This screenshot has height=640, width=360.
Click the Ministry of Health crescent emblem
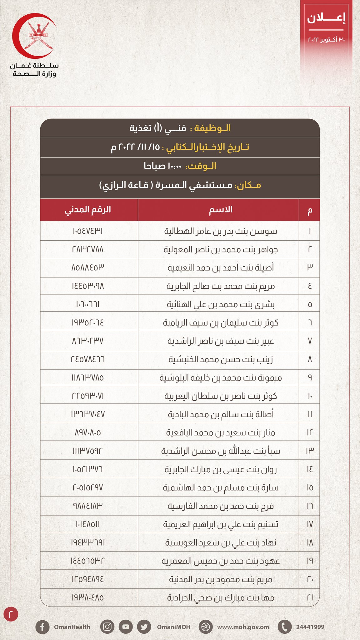[34, 36]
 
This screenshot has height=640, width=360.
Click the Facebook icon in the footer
[42, 627]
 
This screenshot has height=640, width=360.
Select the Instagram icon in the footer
[107, 627]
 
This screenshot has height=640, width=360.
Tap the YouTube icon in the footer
[125, 627]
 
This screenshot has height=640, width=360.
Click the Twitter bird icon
[144, 627]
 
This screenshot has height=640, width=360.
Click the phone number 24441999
[310, 627]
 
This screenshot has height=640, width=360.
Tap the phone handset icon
[284, 627]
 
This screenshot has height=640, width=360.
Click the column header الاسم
[220, 210]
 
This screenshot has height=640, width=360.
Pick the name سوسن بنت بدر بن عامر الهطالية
[221, 231]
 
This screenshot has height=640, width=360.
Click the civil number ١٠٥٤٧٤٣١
[88, 231]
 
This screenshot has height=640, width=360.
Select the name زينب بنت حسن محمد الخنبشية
[221, 360]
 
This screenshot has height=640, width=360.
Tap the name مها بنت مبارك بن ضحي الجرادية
[221, 598]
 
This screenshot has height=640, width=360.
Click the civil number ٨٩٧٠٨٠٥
[88, 433]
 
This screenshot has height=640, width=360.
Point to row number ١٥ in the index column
[310, 488]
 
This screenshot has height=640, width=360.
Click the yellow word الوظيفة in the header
[212, 128]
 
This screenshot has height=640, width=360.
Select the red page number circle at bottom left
[11, 614]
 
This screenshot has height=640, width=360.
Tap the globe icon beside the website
[205, 627]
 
